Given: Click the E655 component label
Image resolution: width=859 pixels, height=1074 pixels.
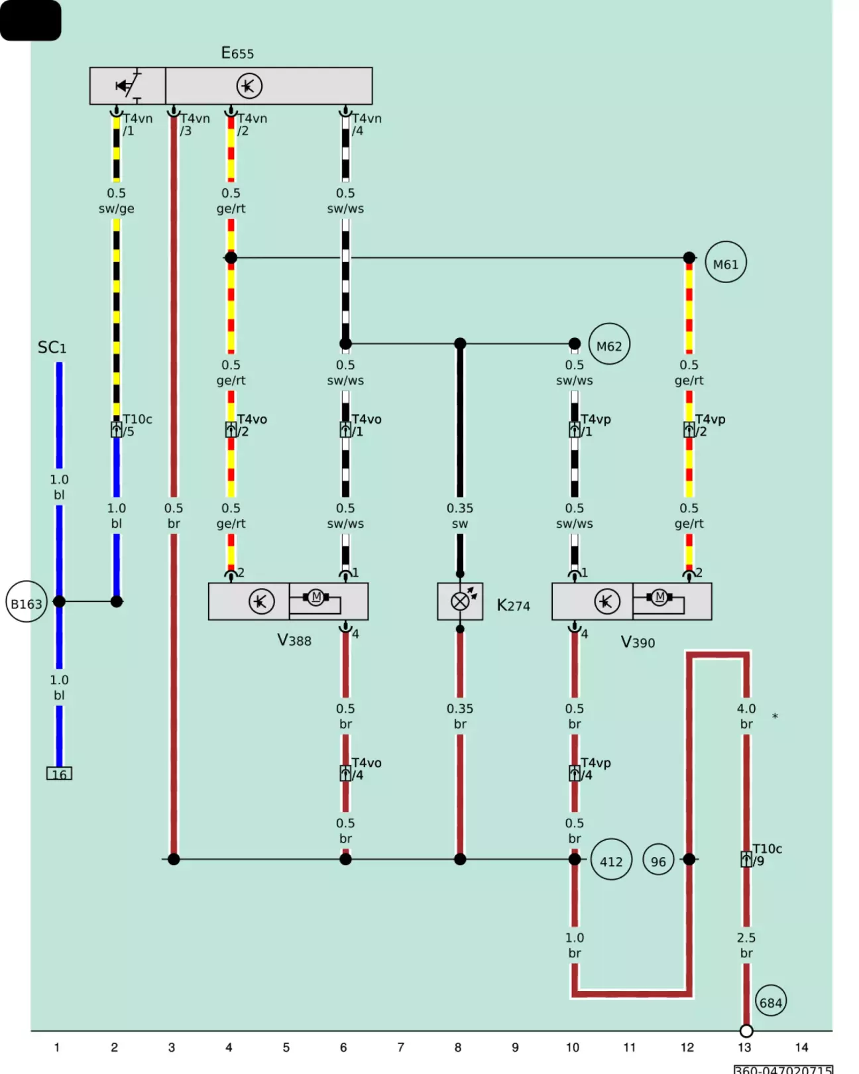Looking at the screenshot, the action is (x=237, y=53).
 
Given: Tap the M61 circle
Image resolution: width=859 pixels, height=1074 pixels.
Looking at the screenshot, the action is (x=725, y=262).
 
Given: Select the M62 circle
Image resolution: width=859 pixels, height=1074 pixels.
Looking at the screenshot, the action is (x=609, y=344).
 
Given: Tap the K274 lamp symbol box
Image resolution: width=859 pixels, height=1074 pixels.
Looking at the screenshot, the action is (x=460, y=601).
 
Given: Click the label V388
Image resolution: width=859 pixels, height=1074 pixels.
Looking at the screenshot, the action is (x=294, y=640).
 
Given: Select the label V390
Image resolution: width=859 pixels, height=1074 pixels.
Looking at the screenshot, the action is (x=638, y=642).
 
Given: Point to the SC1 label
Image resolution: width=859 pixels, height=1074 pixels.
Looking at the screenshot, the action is (x=52, y=347).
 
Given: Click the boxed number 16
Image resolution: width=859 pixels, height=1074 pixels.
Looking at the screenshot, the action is (x=60, y=774).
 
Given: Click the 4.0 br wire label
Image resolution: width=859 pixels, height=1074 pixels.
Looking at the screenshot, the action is (x=746, y=716).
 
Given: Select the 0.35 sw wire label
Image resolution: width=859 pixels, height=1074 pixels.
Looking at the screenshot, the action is (x=460, y=516).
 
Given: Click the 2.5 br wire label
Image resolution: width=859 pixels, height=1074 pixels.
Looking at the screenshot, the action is (x=746, y=945).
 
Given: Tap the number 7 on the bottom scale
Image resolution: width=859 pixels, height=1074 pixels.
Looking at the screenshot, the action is (x=400, y=1047).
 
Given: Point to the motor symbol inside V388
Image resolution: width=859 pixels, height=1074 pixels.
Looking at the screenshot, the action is (x=316, y=597).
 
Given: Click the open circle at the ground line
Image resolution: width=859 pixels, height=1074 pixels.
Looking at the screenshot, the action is (x=746, y=1031).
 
